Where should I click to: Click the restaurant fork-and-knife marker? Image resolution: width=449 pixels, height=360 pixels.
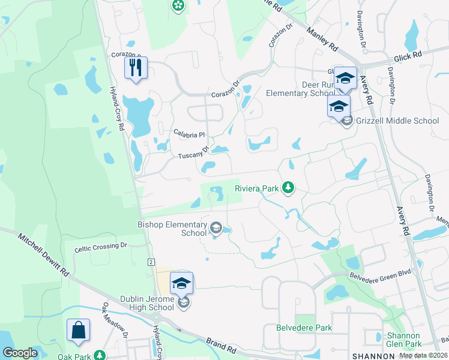[x=136, y=67]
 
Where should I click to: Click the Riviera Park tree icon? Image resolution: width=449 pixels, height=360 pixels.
[x=288, y=188]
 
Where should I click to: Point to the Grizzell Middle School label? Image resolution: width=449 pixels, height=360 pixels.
[x=397, y=121]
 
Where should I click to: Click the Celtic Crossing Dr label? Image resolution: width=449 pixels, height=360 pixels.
[x=101, y=245]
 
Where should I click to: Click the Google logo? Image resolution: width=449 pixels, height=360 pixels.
[x=20, y=353]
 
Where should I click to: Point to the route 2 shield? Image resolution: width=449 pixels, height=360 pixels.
[x=151, y=262]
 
